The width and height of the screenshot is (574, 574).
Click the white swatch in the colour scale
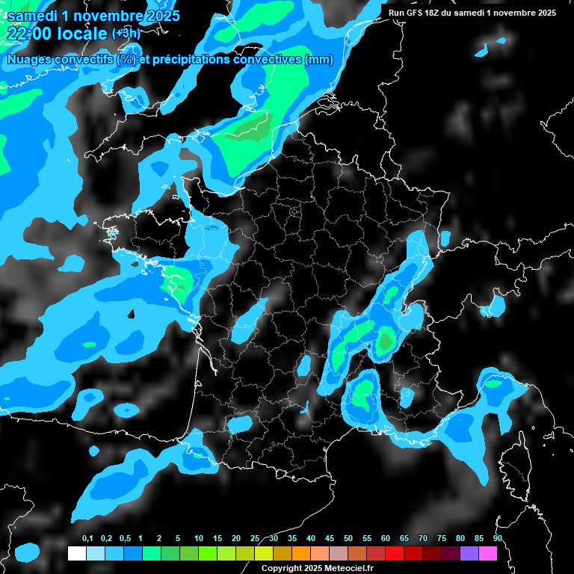(76, 554)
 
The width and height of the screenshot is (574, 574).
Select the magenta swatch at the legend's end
(488, 554)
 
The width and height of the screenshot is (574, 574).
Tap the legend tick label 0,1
(87, 539)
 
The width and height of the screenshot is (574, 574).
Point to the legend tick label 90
(497, 539)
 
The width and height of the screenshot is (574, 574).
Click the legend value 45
(330, 539)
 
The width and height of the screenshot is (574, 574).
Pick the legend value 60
(386, 539)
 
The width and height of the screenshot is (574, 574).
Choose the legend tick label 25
(255, 539)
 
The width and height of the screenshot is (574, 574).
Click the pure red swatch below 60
(395, 554)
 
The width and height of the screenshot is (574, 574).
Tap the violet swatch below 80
(469, 554)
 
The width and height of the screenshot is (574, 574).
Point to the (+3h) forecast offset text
(126, 34)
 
